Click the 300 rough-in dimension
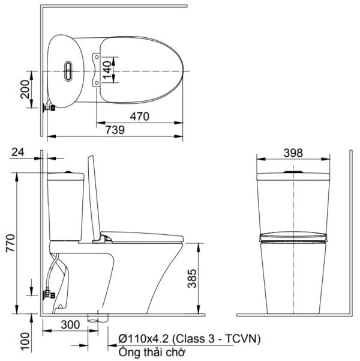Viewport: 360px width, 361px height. click(70, 324)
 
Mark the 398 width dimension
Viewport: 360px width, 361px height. click(292, 153)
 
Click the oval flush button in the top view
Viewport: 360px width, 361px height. click(69, 71)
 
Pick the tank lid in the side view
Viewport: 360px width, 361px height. click(65, 176)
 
